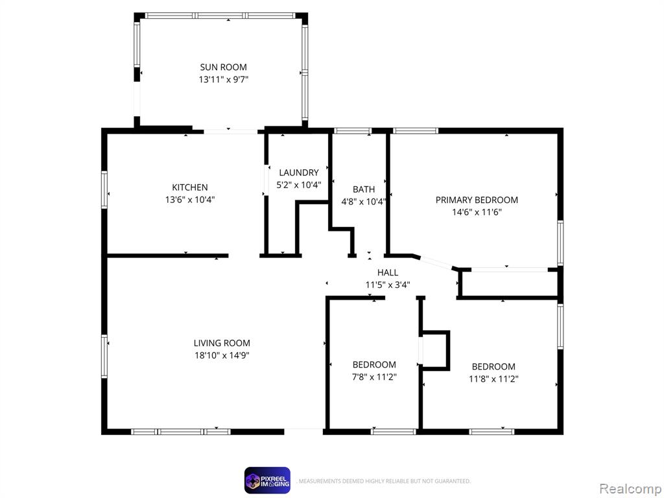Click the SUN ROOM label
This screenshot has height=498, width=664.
[223, 67]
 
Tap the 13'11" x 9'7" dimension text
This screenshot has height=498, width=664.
[223, 79]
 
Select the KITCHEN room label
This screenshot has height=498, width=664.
[190, 187]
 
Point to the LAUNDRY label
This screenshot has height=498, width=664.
[298, 172]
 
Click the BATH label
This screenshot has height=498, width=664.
[364, 189]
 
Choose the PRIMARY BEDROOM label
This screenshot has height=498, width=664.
[477, 200]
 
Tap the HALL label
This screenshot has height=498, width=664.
[388, 273]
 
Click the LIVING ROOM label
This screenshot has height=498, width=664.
[222, 343]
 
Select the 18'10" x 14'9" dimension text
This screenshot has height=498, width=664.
[222, 355]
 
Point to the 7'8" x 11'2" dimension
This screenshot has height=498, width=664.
[374, 377]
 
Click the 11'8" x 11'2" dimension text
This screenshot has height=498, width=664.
[493, 379]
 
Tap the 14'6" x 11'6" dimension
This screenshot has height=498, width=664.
[477, 212]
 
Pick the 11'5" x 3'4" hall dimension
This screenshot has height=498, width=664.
[388, 285]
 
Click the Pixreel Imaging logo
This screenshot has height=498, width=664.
[267, 480]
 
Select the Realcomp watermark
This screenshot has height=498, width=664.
[630, 489]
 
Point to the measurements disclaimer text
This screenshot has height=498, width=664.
[384, 481]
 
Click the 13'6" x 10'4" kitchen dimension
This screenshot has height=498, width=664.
[190, 200]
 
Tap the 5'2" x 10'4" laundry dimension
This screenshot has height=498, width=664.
[298, 185]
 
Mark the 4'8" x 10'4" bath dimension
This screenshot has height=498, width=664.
[364, 202]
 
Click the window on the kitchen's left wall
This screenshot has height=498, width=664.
[104, 190]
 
